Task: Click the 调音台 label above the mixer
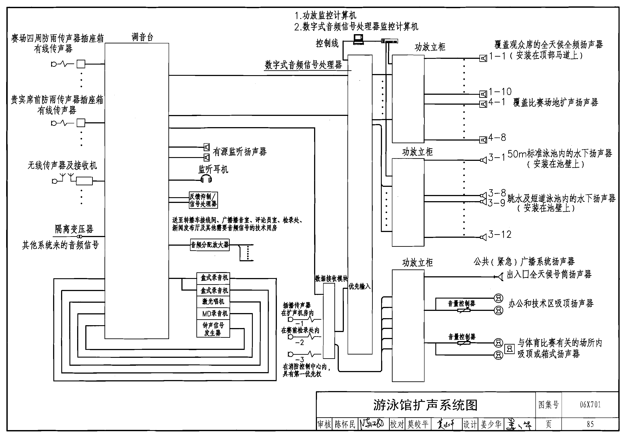pos(142,37)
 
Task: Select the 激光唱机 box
pos(213,301)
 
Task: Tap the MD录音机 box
pos(213,314)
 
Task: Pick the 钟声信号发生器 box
pos(213,329)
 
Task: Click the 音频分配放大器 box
pos(210,245)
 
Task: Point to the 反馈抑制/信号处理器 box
pos(203,200)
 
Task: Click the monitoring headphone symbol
pos(206,179)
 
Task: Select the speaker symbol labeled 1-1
pos(483,58)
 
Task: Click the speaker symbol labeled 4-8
pos(483,140)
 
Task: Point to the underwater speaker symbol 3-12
pos(483,238)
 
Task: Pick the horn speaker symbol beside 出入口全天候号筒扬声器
pos(500,277)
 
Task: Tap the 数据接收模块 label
pos(331,278)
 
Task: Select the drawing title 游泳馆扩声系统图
pos(425,405)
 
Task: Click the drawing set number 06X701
pos(590,405)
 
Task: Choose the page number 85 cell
pos(590,424)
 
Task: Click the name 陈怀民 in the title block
pos(345,424)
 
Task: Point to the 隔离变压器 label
pos(74,229)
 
